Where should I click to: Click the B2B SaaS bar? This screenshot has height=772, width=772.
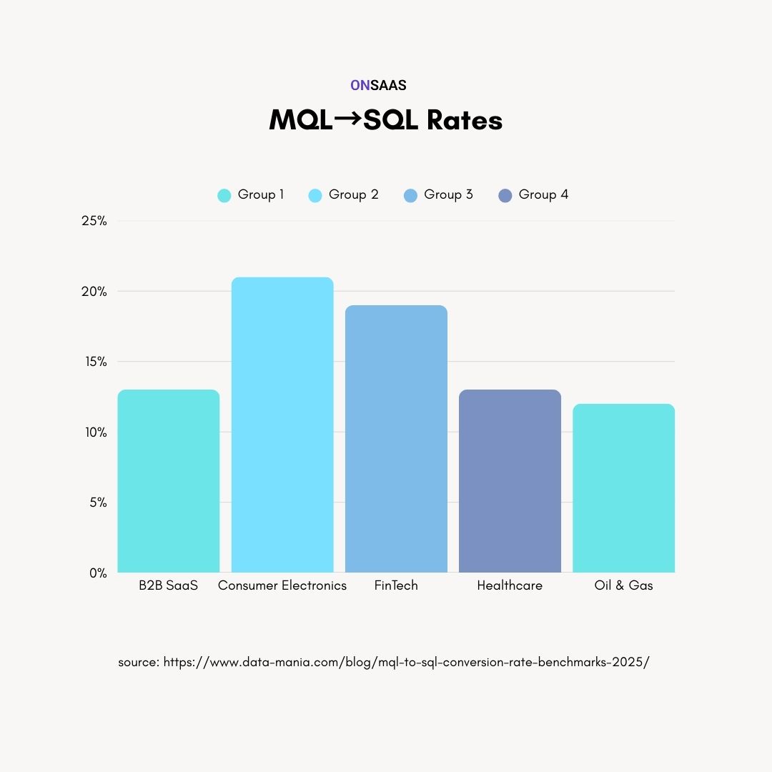coord(168,481)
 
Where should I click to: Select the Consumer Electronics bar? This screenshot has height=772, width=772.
coord(282,425)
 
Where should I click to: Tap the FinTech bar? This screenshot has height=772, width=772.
coord(396,439)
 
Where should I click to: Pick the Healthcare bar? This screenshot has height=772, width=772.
coord(510,481)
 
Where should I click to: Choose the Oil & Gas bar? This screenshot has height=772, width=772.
coord(623,488)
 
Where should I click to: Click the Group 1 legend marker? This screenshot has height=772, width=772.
coord(224,195)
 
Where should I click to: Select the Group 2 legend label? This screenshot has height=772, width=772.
coord(353,194)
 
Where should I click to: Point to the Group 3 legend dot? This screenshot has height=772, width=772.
coord(410,195)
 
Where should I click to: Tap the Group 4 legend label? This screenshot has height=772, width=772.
coord(543,194)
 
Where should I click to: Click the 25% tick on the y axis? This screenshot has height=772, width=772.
coord(94,221)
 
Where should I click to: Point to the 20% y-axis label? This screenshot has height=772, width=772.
coord(94,292)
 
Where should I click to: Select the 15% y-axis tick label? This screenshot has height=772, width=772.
coord(94,362)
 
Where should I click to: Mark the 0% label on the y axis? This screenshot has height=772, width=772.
coord(98,573)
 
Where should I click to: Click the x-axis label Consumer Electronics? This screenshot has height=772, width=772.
coord(282,585)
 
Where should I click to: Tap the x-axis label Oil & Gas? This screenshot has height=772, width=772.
coord(623,585)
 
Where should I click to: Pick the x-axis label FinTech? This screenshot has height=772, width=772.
coord(396,585)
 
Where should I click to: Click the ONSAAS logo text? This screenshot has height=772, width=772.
coord(378,85)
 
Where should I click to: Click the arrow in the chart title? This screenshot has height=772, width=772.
coord(348,119)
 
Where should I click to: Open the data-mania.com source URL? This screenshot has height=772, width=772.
coord(406,662)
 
